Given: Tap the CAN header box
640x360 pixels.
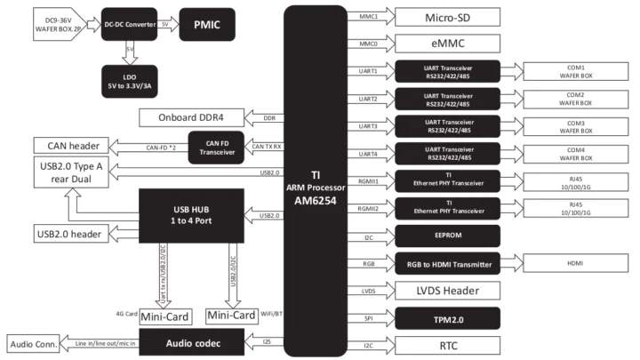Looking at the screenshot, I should click(71, 145).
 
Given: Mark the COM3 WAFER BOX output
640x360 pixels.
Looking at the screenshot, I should click(575, 124).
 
